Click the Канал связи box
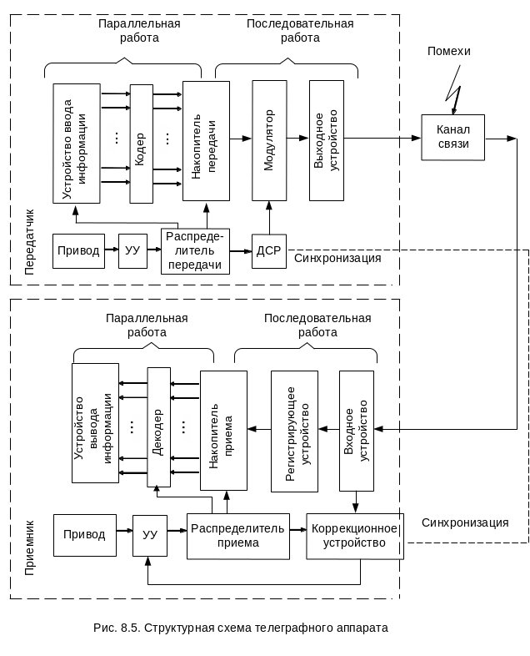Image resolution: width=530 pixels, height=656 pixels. tap(454, 137)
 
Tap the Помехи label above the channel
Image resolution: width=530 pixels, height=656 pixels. tap(449, 51)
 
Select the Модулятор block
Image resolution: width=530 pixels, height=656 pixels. tap(269, 140)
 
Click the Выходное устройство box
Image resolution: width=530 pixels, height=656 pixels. tap(326, 140)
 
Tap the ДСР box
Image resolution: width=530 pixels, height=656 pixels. tap(268, 251)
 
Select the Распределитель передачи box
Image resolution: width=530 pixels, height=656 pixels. tap(195, 251)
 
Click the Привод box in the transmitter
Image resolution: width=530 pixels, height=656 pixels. tap(79, 251)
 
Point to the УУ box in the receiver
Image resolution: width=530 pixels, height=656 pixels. tap(150, 535)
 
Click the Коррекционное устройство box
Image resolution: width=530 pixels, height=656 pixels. tap(355, 536)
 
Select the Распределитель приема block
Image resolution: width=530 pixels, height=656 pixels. tap(237, 535)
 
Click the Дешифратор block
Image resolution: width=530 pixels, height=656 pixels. tap(158, 426)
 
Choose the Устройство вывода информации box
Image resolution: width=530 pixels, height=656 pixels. tap(94, 422)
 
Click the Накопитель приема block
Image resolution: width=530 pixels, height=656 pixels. tap(223, 429)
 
